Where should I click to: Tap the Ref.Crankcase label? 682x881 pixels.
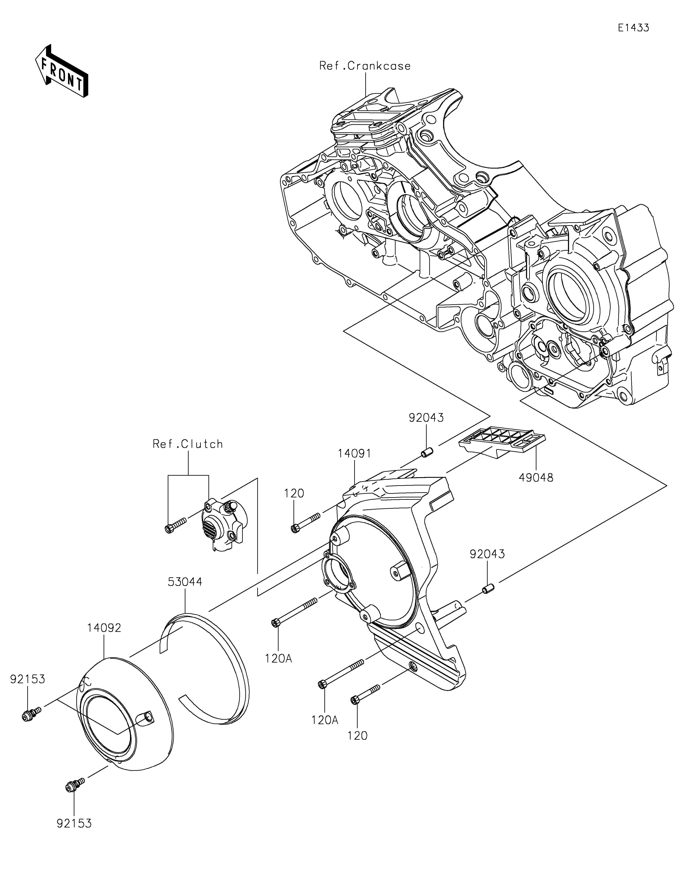(x=365, y=66)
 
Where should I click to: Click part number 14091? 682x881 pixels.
(x=354, y=454)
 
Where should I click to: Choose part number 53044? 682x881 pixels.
(x=185, y=582)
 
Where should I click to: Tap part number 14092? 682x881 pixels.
(x=104, y=628)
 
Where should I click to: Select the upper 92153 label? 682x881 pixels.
(x=27, y=679)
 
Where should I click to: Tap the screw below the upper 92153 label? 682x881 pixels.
(x=32, y=713)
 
